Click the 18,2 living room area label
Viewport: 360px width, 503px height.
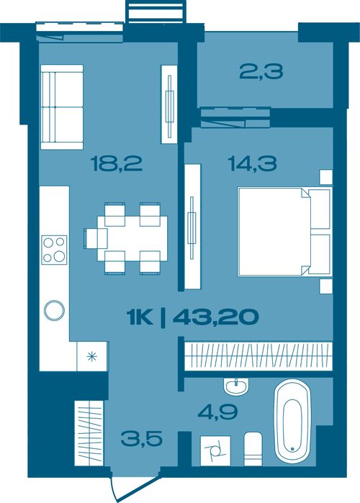116,163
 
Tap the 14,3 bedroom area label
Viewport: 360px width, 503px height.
252,163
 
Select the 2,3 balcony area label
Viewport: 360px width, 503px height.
261,72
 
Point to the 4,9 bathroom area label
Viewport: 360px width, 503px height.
217,412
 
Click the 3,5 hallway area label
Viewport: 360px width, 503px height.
142,438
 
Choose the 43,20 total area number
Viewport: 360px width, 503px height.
215,317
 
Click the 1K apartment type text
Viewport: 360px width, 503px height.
140,317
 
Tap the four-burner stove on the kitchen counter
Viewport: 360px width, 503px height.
54,250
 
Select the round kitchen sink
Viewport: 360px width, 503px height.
54,311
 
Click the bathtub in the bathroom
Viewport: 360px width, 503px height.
292,422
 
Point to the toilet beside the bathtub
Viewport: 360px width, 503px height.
253,449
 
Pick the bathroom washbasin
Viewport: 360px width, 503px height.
236,386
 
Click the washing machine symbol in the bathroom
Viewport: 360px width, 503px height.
215,450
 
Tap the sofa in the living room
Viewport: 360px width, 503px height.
62,107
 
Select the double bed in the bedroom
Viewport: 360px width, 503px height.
285,232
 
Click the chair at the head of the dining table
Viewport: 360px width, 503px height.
95,238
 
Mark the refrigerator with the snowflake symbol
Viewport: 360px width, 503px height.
92,356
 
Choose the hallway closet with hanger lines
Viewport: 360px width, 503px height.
89,433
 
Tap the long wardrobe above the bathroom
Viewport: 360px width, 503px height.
258,357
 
